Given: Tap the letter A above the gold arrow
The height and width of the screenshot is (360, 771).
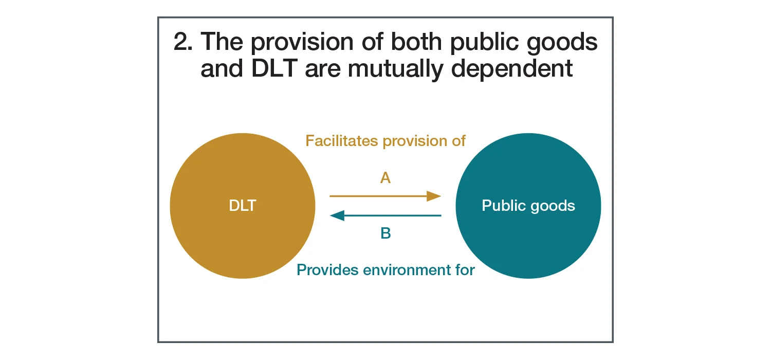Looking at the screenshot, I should [385, 178].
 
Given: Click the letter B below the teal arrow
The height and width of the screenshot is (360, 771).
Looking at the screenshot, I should [385, 233].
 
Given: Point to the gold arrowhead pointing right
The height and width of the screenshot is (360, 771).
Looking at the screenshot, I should [434, 196].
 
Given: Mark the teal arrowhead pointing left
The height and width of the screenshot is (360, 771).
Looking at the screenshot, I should [337, 215].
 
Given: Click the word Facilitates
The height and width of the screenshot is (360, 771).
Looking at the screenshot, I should [342, 140].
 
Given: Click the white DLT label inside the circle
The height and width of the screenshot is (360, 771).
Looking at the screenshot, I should [242, 206].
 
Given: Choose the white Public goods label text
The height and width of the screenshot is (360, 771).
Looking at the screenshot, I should [528, 206].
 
